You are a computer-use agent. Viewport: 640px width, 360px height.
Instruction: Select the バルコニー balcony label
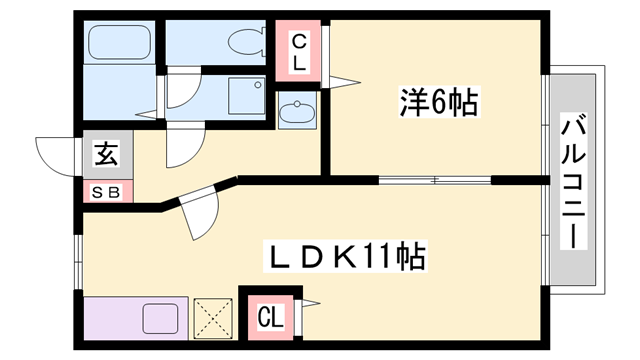[x=573, y=183]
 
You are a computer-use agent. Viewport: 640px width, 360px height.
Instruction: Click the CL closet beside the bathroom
[x=299, y=51]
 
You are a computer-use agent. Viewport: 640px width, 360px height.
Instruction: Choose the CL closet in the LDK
[x=269, y=318]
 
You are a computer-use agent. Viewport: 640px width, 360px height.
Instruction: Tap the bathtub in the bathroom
[x=118, y=43]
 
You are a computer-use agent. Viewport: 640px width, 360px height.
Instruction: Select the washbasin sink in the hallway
[x=295, y=112]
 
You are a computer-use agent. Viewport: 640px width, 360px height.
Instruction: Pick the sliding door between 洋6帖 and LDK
[x=435, y=181]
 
